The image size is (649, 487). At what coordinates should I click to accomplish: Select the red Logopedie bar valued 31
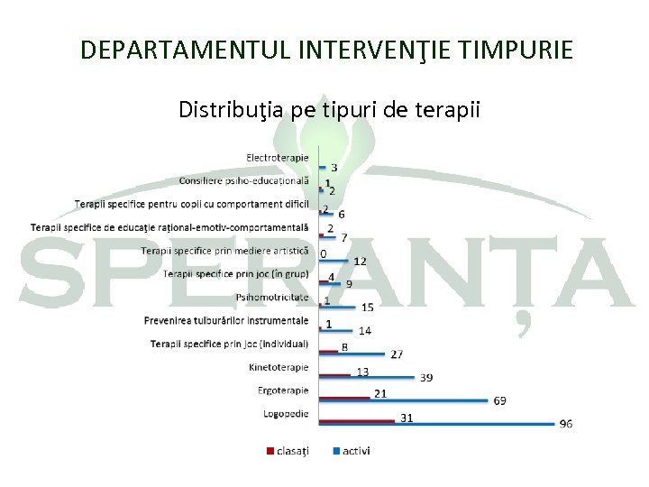point(357,419)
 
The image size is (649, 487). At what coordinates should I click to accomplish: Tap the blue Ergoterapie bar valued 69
point(406,400)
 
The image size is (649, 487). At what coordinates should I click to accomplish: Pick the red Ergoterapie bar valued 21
point(345,395)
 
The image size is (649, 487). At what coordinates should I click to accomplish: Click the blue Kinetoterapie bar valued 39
point(368,377)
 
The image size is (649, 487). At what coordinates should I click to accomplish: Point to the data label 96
point(565,424)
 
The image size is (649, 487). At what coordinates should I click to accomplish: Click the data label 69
point(499,400)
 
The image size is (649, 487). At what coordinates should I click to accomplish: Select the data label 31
point(407,418)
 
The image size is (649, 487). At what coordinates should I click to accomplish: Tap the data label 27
point(397,354)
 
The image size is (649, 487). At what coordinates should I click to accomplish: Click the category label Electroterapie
point(278,158)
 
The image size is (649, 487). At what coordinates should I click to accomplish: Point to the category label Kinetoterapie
point(279,367)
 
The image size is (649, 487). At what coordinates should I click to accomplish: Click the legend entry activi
point(354,451)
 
